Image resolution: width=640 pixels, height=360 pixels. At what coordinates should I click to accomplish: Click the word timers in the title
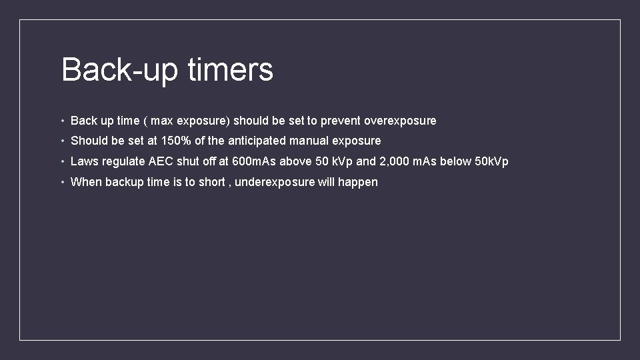[x=230, y=69]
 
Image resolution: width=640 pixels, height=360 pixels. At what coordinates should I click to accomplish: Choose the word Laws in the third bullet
[x=85, y=161]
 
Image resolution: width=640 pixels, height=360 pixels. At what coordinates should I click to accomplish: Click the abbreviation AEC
[x=161, y=161]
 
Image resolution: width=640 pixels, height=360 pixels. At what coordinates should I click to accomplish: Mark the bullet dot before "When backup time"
[x=62, y=182]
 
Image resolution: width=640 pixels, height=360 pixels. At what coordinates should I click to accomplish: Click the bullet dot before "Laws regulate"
[x=62, y=161]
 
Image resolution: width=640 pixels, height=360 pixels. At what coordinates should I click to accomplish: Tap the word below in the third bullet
[x=455, y=161]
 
